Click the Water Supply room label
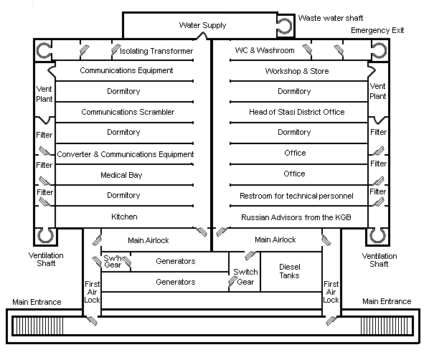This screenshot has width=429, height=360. (202, 25)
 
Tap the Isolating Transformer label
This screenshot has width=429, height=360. (156, 51)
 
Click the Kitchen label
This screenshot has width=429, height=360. (124, 217)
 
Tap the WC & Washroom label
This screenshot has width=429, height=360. (265, 50)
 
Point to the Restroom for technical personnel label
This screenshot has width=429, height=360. (296, 196)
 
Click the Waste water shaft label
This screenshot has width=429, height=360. (331, 18)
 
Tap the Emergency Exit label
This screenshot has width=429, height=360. (377, 30)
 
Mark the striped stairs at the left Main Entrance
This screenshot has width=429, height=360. (38, 326)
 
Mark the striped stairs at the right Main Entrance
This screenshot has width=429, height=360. (387, 326)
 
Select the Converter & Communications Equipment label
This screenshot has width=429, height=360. (126, 154)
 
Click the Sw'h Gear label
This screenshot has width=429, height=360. (113, 262)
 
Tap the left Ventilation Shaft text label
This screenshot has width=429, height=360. (46, 260)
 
